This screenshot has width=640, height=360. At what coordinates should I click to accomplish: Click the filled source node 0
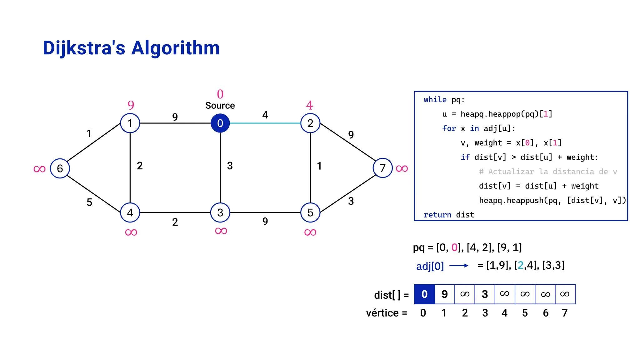220,123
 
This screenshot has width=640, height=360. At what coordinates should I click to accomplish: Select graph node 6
60,168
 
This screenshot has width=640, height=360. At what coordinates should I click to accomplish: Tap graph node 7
382,168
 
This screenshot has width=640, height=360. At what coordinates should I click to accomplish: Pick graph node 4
130,212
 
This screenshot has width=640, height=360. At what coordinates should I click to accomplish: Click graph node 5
310,212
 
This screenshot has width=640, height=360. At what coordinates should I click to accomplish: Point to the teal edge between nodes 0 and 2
265,123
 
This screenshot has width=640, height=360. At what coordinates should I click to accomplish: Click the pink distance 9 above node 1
131,105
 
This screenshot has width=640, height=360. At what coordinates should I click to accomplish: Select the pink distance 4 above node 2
309,105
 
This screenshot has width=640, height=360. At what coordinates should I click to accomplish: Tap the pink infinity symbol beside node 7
402,169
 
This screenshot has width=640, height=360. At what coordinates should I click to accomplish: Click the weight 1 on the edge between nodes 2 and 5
319,166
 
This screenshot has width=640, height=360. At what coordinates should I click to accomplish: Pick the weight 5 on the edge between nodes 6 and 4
89,202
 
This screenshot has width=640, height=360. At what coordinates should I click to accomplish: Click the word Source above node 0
220,106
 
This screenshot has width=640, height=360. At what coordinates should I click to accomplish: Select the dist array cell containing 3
485,294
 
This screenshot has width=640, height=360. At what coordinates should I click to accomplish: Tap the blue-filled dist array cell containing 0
424,294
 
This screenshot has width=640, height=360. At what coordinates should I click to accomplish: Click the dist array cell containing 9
444,294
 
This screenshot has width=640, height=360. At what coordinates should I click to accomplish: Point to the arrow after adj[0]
459,266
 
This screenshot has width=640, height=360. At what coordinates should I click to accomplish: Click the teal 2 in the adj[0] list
520,265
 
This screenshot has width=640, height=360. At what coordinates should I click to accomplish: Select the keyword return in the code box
437,215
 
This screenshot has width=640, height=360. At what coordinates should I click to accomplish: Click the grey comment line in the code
548,172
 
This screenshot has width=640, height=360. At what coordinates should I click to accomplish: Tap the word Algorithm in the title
175,48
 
